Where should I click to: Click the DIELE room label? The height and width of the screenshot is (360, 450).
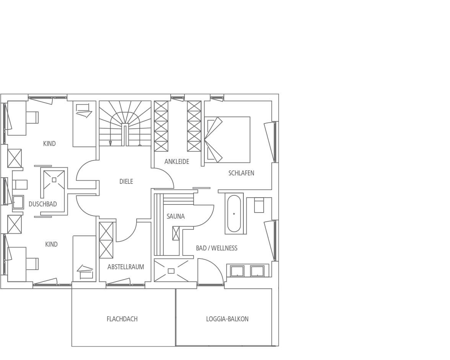[x=126, y=182]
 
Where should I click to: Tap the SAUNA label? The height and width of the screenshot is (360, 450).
[x=176, y=216]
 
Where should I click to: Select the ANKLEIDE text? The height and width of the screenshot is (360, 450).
[x=177, y=162]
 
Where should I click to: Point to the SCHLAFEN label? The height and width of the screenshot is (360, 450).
[x=241, y=173]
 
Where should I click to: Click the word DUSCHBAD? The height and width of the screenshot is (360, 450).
[x=43, y=204]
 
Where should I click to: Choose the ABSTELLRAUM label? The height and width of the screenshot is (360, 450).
[x=126, y=267]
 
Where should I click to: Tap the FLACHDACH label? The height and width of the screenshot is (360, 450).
[x=122, y=319]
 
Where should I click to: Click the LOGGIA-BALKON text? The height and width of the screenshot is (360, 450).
[x=227, y=319]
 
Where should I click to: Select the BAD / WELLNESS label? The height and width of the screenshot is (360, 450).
[x=217, y=248]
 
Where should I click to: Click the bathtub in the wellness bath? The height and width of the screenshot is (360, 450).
[x=234, y=214]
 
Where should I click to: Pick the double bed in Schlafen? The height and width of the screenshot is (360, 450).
[x=227, y=140]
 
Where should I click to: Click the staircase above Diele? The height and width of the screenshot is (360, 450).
[x=125, y=124]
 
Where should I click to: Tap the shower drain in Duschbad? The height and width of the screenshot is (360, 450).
[x=54, y=180]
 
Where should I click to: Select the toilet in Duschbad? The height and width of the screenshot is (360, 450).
[x=20, y=185]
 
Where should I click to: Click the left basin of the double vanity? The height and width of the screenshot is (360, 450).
[x=238, y=271]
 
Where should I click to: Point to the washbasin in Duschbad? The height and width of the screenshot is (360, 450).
[x=18, y=202]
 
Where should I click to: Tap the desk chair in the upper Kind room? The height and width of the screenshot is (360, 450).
[x=32, y=117]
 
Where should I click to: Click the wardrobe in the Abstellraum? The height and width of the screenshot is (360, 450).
[x=106, y=240]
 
